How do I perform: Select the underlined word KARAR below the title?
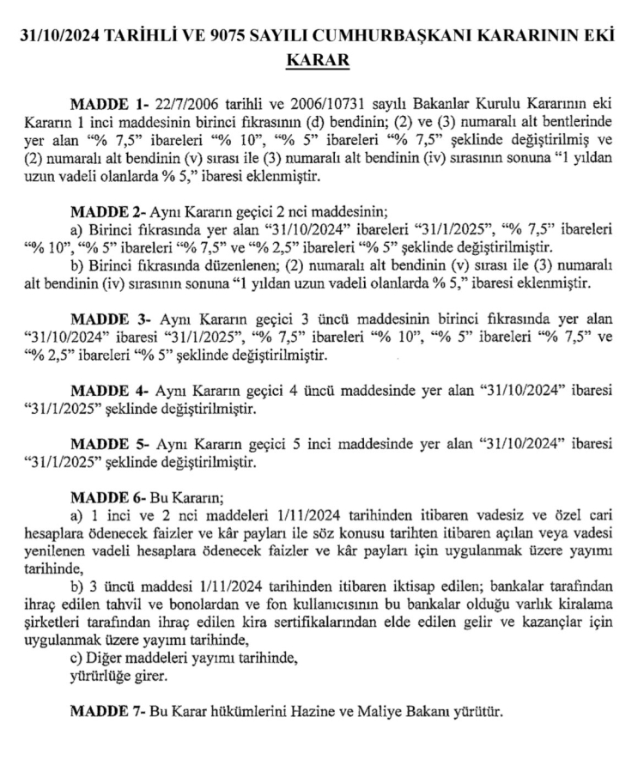pos(322,62)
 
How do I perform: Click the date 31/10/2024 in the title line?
pos(66,38)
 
